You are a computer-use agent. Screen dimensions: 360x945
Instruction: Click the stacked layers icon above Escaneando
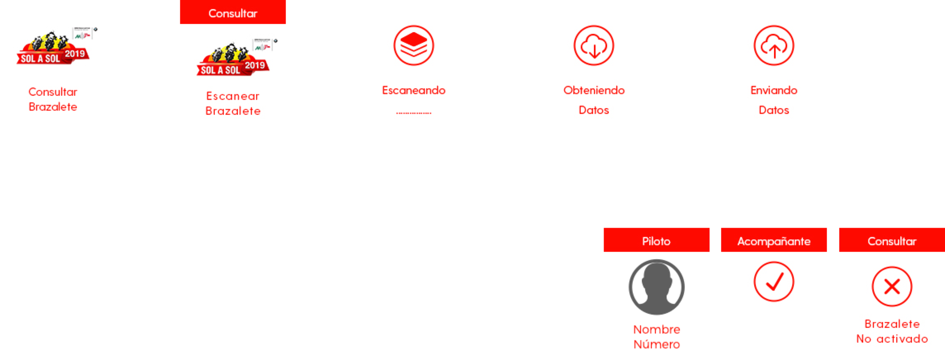tap(413, 45)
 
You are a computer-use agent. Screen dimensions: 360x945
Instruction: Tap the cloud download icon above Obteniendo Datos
tap(594, 45)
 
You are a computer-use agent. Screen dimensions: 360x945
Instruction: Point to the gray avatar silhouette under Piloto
tap(656, 287)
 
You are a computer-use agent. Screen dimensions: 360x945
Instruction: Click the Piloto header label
tap(656, 241)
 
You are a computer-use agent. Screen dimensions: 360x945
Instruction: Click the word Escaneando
tap(413, 90)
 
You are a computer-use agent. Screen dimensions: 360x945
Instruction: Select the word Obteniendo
tap(594, 90)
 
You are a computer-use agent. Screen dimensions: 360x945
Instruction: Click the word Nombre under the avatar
tap(656, 329)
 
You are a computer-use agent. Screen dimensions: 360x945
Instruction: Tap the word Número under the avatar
tap(656, 344)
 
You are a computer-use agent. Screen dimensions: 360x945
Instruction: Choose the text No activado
tap(892, 339)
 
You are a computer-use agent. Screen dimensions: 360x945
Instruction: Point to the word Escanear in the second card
tap(233, 96)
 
